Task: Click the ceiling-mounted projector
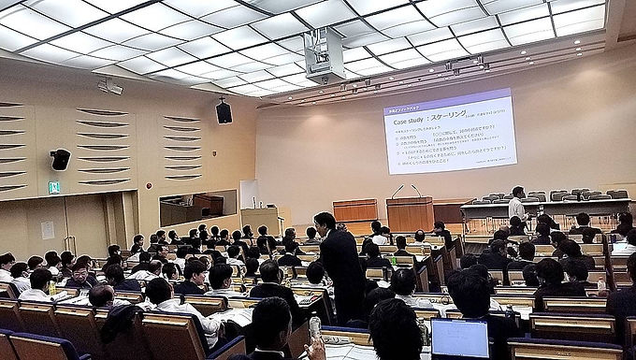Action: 325,56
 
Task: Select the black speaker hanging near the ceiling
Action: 224,112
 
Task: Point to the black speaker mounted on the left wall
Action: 60,160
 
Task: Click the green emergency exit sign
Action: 53,187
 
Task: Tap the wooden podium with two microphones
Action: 410,213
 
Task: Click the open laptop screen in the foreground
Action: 459,338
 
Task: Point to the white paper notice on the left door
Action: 48,229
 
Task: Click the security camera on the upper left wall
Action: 109,86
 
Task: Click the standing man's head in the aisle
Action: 325,223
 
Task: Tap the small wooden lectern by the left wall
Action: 260,220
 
